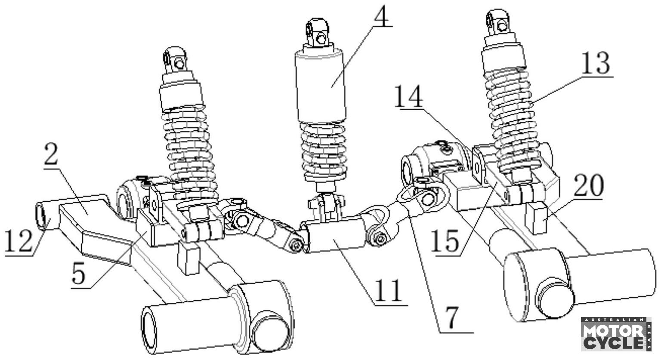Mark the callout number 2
click(51, 156)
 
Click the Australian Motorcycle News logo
click(616, 334)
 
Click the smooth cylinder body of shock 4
click(320, 86)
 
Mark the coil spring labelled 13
click(510, 116)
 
